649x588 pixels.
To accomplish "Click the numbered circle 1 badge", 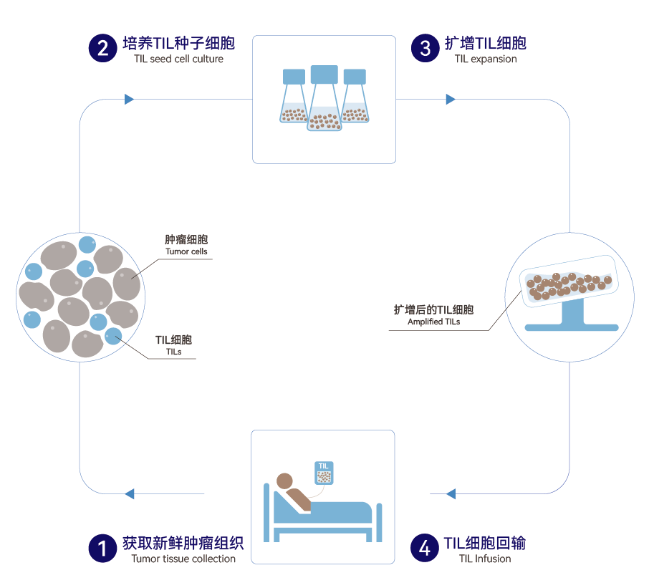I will (x=102, y=549).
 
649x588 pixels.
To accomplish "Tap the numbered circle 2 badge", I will (x=102, y=48).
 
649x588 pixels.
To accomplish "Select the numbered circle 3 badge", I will (x=424, y=48).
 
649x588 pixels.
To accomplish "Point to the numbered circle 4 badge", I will (x=424, y=549).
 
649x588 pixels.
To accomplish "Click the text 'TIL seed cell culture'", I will (x=178, y=59).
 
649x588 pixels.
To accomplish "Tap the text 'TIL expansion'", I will (x=485, y=59).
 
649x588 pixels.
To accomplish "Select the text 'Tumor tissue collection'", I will (x=183, y=559).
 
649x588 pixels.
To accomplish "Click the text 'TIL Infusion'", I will (x=485, y=559).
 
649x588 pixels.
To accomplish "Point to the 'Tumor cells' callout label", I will (x=186, y=252).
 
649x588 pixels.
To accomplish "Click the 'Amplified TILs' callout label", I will (x=434, y=322).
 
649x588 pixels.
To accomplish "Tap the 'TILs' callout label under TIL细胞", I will (x=173, y=352).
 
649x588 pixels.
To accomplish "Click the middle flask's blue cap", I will (x=324, y=74).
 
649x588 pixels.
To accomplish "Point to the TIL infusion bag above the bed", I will (x=324, y=473).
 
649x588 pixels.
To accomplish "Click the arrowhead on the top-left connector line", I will (x=130, y=99).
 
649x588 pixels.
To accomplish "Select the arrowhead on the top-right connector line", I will (x=451, y=99).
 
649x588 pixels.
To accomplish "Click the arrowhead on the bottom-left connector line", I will (x=130, y=493).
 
